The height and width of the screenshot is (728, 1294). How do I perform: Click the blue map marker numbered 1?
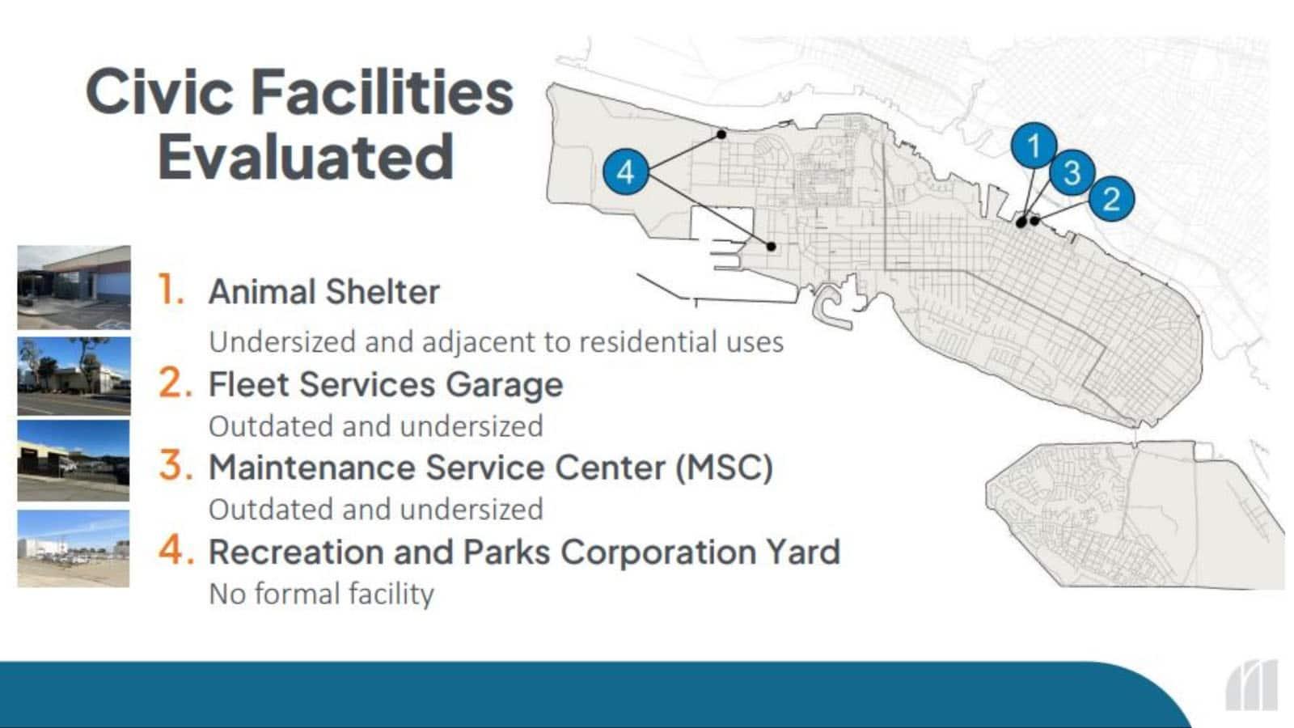(x=1034, y=145)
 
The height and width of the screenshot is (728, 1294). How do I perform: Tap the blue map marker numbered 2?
(x=1111, y=199)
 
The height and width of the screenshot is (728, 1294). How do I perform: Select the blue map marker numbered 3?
(x=1072, y=172)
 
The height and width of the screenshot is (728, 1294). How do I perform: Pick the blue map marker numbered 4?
(x=626, y=171)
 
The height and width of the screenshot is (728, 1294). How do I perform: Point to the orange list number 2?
(x=175, y=383)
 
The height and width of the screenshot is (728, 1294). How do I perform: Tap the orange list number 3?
(x=175, y=466)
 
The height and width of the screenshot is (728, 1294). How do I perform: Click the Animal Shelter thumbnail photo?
(x=74, y=288)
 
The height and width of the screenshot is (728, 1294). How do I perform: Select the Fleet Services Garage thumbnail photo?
(x=74, y=377)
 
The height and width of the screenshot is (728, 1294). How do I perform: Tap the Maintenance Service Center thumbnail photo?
(x=74, y=460)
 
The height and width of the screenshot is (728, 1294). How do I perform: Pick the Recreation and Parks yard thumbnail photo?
(x=74, y=549)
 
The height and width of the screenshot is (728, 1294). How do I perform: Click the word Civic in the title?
(x=159, y=92)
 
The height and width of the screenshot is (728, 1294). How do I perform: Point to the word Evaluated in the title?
(x=306, y=157)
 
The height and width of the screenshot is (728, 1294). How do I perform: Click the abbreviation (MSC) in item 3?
(x=725, y=467)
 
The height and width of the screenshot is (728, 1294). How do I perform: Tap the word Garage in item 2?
(x=505, y=385)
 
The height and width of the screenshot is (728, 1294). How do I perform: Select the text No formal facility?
(x=321, y=594)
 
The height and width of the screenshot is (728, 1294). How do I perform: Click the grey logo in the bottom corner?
(x=1252, y=686)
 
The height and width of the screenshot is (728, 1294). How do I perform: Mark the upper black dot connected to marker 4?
(x=721, y=134)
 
